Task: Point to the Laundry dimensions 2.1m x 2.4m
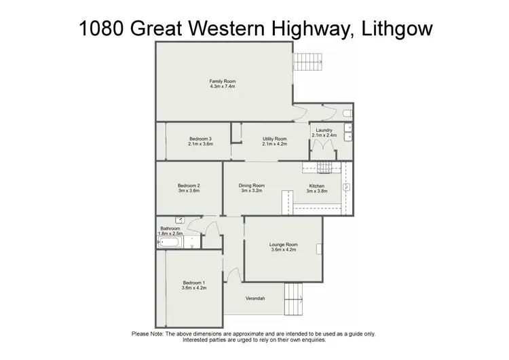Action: coord(324,135)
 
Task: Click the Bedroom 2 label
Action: coord(189,185)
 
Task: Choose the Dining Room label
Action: coord(251,185)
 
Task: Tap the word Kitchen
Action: coord(317,186)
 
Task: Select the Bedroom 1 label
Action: coord(193,283)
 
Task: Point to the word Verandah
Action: coord(254,299)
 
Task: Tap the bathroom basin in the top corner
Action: coord(179,221)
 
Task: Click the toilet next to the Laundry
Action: coord(346,113)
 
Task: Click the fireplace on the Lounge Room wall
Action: coord(319,248)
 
